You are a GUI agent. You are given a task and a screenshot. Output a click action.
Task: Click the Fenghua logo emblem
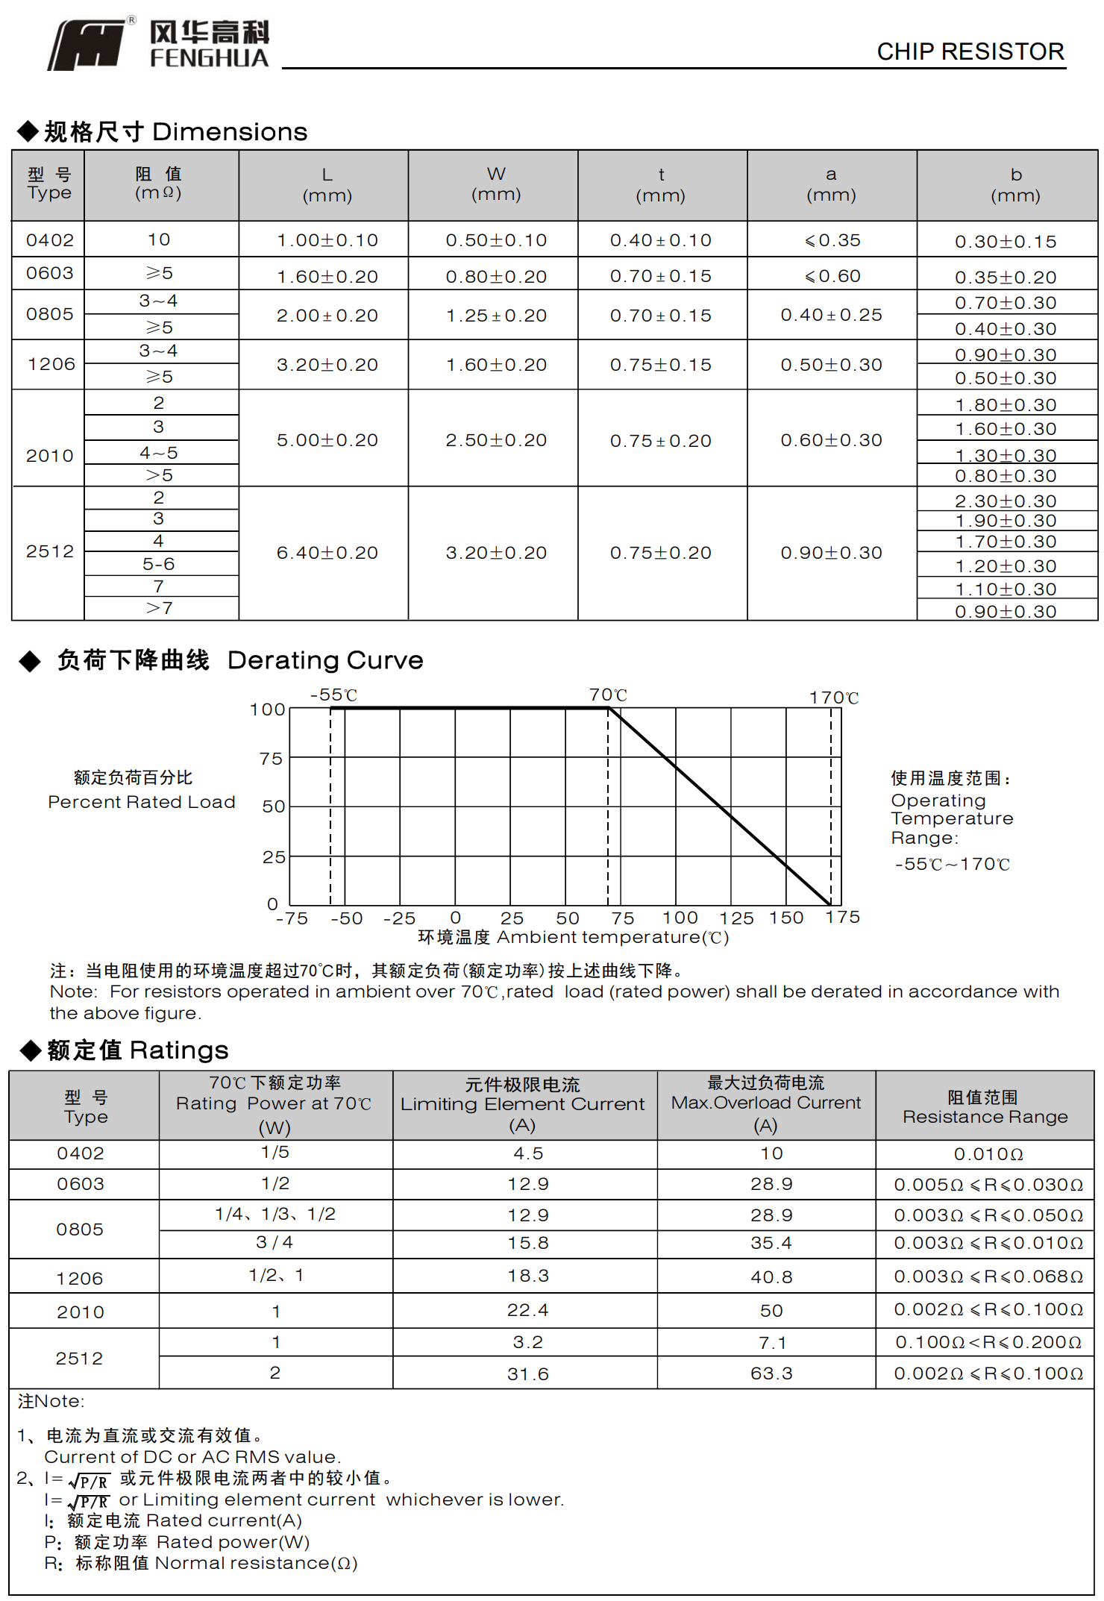click(88, 45)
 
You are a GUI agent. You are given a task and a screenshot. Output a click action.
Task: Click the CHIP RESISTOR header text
click(970, 51)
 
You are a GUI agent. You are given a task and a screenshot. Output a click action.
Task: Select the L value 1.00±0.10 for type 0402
click(327, 240)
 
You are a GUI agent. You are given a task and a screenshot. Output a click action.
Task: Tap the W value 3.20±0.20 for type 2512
click(496, 553)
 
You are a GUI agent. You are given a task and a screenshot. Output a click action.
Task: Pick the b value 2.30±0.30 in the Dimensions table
click(1006, 501)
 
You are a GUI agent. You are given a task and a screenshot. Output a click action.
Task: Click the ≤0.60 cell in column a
click(832, 276)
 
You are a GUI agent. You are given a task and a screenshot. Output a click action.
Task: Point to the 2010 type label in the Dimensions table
click(50, 455)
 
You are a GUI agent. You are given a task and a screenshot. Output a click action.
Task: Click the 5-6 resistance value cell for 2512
click(159, 564)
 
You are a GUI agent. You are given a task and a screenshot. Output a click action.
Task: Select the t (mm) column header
click(661, 185)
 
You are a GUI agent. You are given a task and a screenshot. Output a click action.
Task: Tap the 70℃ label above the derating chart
click(608, 695)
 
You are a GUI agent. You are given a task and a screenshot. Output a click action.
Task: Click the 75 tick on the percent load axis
click(272, 759)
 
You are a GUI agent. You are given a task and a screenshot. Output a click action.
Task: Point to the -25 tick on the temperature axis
click(399, 918)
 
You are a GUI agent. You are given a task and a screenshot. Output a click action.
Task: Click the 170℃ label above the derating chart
click(834, 698)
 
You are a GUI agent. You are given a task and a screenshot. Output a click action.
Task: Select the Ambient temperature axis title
click(573, 938)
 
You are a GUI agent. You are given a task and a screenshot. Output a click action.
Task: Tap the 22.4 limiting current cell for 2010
click(527, 1310)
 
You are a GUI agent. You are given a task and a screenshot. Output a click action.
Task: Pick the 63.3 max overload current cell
click(771, 1373)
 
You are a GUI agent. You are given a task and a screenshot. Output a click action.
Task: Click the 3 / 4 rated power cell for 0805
click(275, 1242)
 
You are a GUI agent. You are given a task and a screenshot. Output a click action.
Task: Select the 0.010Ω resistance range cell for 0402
click(988, 1154)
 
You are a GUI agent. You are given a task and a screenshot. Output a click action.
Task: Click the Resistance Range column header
click(985, 1107)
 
